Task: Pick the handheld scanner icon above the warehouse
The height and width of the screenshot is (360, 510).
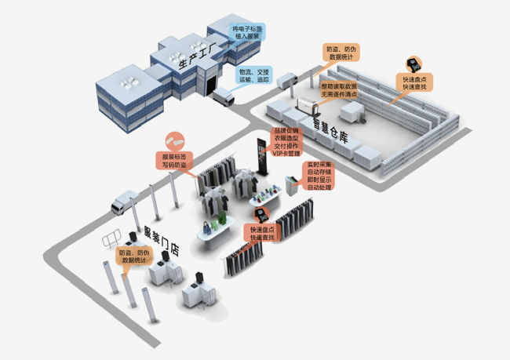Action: tap(411, 64)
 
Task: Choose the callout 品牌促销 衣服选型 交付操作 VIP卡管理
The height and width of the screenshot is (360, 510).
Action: tap(286, 143)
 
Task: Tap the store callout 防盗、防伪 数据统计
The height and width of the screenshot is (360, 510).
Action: tap(134, 256)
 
